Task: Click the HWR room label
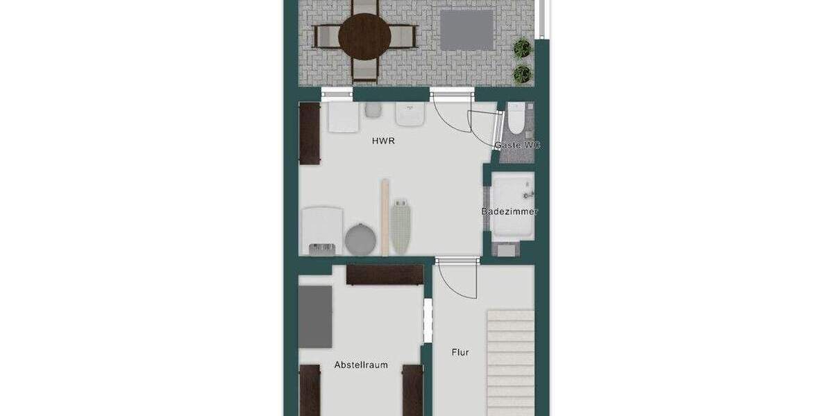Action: pyautogui.click(x=384, y=141)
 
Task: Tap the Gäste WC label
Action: pyautogui.click(x=516, y=146)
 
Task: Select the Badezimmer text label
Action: pyautogui.click(x=510, y=211)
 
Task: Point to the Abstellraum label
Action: pyautogui.click(x=361, y=365)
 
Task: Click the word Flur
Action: pyautogui.click(x=460, y=352)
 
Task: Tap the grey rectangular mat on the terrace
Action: pyautogui.click(x=467, y=28)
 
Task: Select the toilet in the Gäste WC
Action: pyautogui.click(x=515, y=119)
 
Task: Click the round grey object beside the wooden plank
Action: pyautogui.click(x=360, y=238)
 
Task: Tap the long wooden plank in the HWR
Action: pyautogui.click(x=384, y=216)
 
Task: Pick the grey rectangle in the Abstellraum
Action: pyautogui.click(x=315, y=316)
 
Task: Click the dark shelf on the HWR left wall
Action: pyautogui.click(x=310, y=134)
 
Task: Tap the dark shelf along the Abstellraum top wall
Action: pyautogui.click(x=385, y=275)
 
